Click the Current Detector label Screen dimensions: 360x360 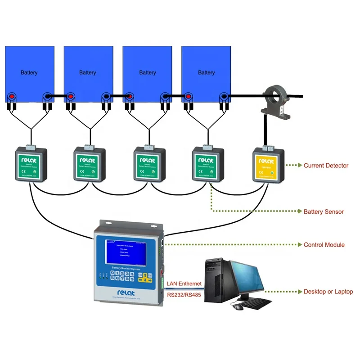(326, 166)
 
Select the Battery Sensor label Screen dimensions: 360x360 (324, 211)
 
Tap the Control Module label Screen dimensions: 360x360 (324, 245)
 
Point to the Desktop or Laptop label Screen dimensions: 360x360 (328, 292)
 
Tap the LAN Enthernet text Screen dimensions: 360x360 (184, 284)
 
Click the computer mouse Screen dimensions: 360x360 (236, 306)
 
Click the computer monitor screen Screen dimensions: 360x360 (246, 278)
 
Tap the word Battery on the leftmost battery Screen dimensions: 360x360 (29, 72)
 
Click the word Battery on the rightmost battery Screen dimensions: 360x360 (207, 72)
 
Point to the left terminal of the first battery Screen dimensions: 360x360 (12, 96)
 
